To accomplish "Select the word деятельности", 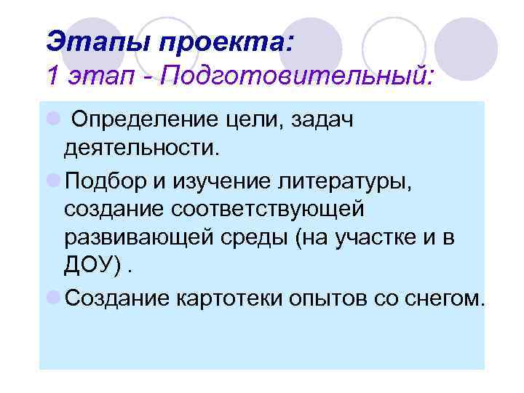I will click(x=140, y=148).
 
